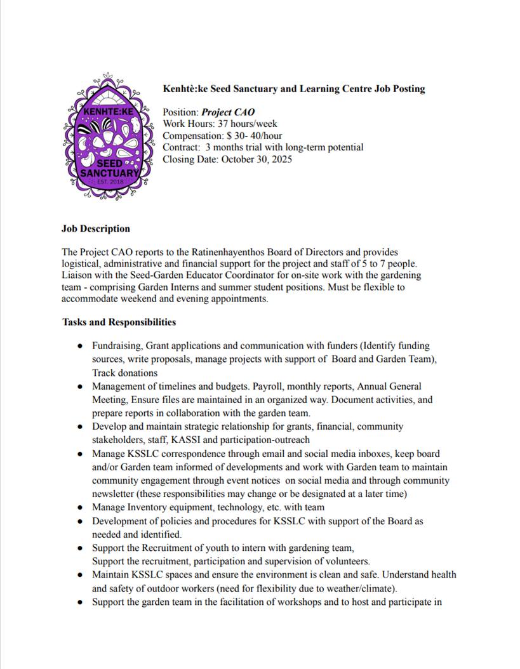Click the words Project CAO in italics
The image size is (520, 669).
click(228, 112)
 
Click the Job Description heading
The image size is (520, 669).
click(96, 229)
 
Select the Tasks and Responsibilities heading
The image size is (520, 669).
click(119, 322)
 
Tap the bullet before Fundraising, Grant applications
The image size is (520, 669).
click(79, 347)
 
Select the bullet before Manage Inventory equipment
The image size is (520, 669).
click(79, 508)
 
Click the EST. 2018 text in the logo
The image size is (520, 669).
click(108, 182)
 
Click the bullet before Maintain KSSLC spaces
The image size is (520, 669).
click(79, 575)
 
